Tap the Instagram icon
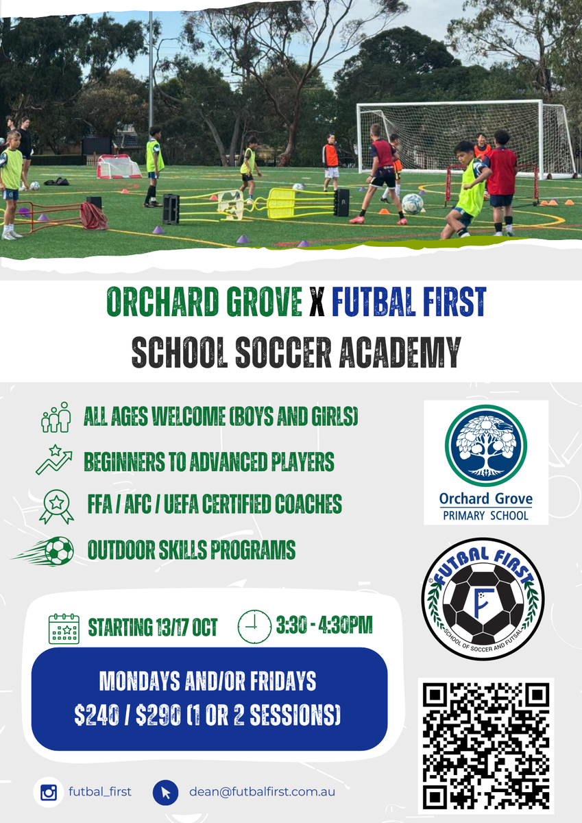(49, 791)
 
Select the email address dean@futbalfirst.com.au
(262, 791)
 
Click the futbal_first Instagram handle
(100, 791)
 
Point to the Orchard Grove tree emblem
(486, 446)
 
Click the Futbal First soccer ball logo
(483, 599)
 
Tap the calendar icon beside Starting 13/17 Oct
(64, 628)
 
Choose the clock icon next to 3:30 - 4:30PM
(254, 626)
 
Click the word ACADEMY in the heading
(400, 352)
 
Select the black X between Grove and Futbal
(317, 302)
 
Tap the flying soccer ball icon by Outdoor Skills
(44, 551)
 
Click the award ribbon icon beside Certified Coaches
(56, 507)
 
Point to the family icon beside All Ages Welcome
(56, 417)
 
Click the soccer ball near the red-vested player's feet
(413, 204)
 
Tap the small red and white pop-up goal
(119, 167)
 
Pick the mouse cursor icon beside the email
(166, 793)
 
